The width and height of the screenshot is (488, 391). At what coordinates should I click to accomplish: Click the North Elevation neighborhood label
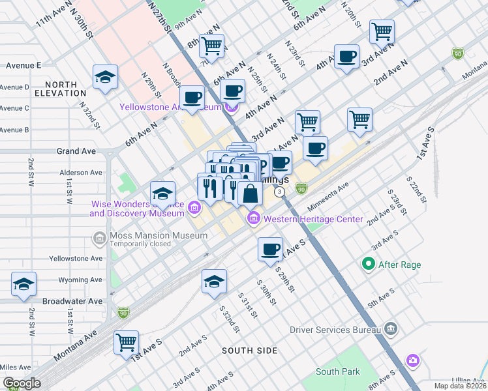[x=61, y=89]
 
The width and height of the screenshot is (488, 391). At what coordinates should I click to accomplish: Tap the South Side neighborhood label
[x=250, y=351]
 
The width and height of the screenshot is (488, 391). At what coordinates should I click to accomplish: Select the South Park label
[x=337, y=371]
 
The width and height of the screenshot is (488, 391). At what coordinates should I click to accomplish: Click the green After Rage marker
[x=369, y=265]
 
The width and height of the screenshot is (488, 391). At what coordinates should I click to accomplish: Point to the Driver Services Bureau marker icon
[x=391, y=328]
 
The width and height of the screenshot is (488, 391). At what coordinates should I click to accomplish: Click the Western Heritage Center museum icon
[x=252, y=219]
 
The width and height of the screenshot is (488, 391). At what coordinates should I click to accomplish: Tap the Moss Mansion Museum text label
[x=149, y=235]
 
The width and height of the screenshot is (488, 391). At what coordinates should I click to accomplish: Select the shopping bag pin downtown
[x=251, y=193]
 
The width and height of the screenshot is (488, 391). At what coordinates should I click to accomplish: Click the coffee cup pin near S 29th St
[x=269, y=249]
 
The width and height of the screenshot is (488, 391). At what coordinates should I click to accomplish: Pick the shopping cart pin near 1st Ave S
[x=126, y=342]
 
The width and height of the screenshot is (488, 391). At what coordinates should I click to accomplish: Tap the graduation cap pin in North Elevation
[x=105, y=77]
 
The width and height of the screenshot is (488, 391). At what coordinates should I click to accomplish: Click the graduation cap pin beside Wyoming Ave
[x=23, y=284]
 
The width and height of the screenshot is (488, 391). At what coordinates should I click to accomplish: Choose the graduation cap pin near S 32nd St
[x=214, y=281]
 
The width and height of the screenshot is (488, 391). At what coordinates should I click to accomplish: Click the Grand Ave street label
[x=76, y=151]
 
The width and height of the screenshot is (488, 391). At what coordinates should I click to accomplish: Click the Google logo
[x=22, y=383]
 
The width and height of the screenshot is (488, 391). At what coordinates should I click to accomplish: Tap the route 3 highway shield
[x=279, y=192]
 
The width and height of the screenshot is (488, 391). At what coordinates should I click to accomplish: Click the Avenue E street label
[x=23, y=65]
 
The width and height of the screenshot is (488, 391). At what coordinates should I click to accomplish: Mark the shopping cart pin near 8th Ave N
[x=211, y=46]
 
